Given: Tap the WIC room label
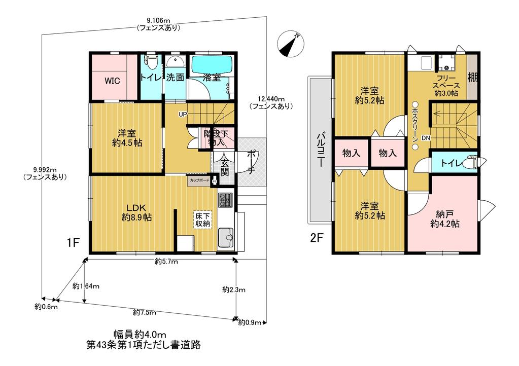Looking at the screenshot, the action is point(112,81).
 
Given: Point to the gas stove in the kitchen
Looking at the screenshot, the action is point(225,199).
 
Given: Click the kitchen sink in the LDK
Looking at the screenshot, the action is point(225,237).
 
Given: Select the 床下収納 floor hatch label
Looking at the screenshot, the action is point(202,219).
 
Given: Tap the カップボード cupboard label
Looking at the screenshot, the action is point(199,180).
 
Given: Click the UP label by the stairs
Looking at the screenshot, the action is point(183,115).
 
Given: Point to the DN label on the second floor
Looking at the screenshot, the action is point(426,138).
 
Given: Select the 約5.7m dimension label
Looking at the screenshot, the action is point(166,262).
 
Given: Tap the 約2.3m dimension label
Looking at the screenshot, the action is point(234,290).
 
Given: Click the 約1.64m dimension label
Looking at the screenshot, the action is point(86,286).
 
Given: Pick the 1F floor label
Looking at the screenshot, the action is point(73,243).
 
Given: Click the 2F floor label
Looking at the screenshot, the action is point(316,238).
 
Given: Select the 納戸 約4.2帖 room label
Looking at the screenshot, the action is point(445,218).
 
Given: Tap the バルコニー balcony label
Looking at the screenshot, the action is point(321,150).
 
